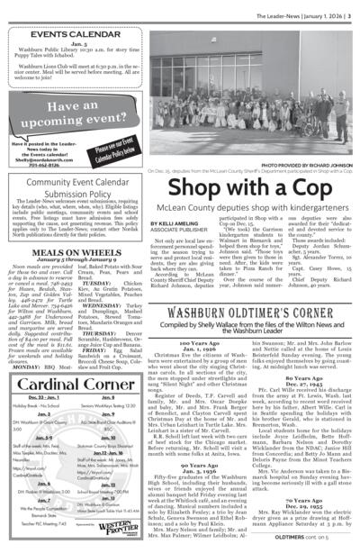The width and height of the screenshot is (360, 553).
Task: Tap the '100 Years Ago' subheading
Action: coord(193,343)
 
